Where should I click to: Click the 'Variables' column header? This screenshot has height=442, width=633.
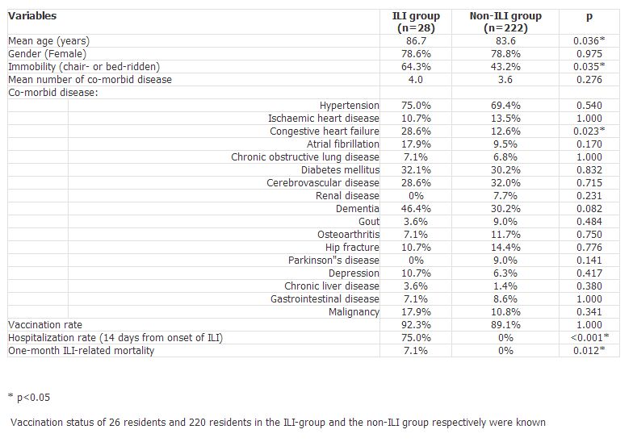tap(32, 16)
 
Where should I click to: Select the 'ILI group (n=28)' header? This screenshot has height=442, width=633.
tap(416, 22)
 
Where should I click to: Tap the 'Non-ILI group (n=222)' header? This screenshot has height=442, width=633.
tap(505, 22)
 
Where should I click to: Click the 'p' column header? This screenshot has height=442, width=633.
tap(589, 16)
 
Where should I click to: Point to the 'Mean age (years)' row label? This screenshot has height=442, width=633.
tap(48, 41)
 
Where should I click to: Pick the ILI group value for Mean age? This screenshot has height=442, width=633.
tap(416, 40)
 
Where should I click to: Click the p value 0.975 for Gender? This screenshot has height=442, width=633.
tap(589, 53)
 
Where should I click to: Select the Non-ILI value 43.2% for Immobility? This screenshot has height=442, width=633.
tap(505, 66)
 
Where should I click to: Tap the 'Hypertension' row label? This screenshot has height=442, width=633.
tap(349, 106)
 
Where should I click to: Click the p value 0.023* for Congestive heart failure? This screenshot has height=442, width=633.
tap(589, 131)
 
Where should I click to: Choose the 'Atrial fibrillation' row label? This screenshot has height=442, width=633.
tap(342, 144)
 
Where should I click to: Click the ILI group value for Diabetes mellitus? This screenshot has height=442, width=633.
tap(416, 169)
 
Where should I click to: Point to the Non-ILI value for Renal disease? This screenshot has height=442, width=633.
tap(505, 195)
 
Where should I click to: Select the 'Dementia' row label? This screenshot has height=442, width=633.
tap(357, 208)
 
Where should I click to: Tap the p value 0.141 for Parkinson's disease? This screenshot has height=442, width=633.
tap(589, 260)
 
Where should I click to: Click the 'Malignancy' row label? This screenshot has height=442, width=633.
tap(354, 312)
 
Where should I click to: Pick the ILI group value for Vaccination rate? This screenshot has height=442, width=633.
tap(416, 324)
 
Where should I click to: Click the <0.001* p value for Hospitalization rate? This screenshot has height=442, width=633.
tap(589, 337)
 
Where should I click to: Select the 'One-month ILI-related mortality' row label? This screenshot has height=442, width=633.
tap(81, 351)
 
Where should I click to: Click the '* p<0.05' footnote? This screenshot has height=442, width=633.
tap(29, 397)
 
